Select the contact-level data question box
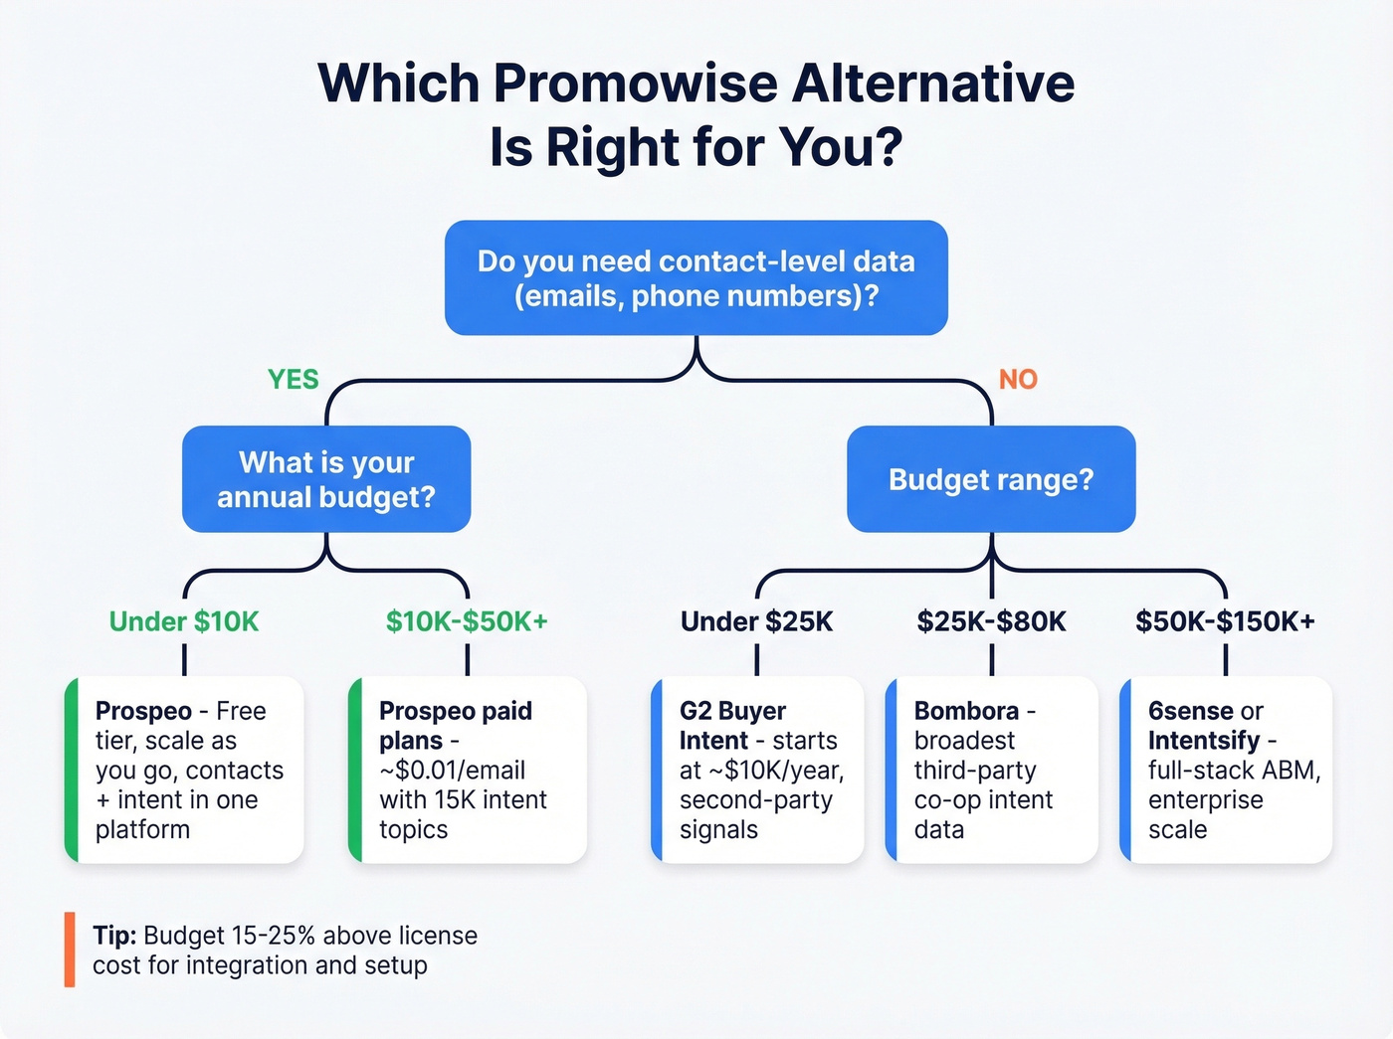tap(696, 278)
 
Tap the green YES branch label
tap(294, 380)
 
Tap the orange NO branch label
tap(1018, 380)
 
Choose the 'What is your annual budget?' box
tap(326, 479)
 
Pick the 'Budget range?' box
tap(991, 479)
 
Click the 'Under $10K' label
tap(184, 622)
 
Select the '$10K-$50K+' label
tap(467, 622)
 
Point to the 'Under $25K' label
tap(756, 622)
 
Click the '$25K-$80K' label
tap(991, 622)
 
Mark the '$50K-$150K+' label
tap(1225, 622)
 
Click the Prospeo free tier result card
tap(185, 770)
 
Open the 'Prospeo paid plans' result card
tap(469, 770)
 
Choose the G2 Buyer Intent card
tap(758, 770)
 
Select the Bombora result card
tap(992, 770)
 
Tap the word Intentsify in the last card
tap(1204, 741)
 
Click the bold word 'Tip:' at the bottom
tap(114, 936)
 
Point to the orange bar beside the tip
tap(70, 950)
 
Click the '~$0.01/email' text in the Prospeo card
tap(452, 771)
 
